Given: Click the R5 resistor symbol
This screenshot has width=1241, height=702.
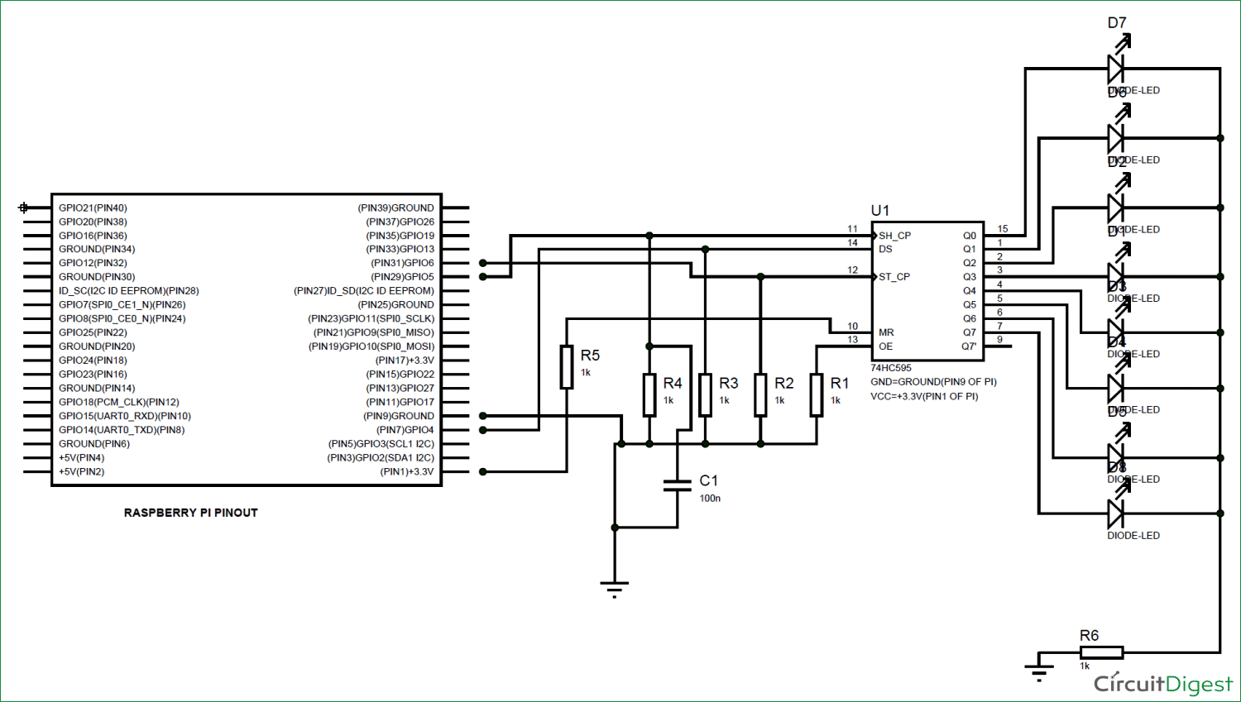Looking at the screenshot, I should [x=567, y=367].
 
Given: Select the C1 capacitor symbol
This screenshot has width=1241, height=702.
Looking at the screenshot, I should [x=678, y=485].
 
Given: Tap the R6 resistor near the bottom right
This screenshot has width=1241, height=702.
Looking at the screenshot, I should [x=1101, y=652].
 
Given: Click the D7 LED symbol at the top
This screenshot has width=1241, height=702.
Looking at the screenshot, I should [x=1116, y=68].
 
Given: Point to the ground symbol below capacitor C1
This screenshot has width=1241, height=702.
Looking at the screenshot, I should [x=614, y=588].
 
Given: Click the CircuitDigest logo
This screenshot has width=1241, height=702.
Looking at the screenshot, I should [x=1162, y=684].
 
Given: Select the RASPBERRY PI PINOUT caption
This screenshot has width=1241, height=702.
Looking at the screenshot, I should [x=191, y=513].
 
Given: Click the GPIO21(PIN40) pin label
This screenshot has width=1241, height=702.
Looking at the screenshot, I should [x=93, y=208].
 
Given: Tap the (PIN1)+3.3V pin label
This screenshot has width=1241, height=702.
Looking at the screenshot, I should [x=406, y=472].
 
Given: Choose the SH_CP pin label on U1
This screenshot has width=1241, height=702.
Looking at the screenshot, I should [x=894, y=236].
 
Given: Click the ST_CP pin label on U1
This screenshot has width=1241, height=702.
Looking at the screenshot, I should [x=894, y=277].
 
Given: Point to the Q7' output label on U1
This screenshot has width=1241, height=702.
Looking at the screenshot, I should [x=969, y=346].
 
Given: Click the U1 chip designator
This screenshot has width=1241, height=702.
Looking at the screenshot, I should [x=880, y=211].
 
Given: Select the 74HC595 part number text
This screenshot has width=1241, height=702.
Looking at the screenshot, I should [x=891, y=368].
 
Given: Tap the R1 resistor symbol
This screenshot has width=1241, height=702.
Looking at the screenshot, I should [x=817, y=394].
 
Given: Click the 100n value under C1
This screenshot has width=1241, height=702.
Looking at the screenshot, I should [x=710, y=499].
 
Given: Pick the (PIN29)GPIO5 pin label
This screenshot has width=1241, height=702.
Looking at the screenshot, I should [x=402, y=277].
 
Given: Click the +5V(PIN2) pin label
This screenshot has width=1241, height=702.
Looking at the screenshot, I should [x=81, y=472].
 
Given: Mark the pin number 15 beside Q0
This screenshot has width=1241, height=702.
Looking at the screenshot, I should [x=1003, y=229].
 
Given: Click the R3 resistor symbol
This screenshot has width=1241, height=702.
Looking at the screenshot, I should [x=705, y=394].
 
